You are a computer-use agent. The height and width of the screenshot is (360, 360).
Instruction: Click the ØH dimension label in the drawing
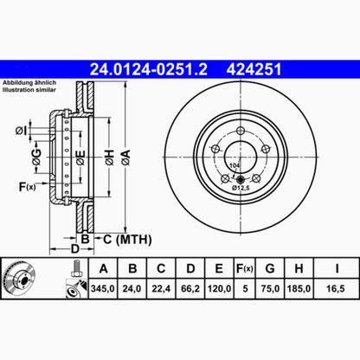click(110, 155)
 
